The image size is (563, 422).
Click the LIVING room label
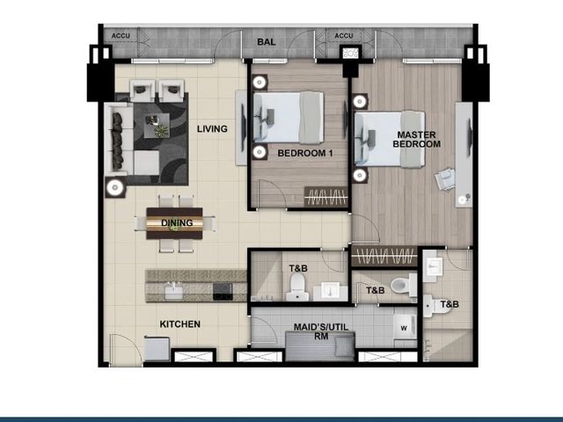pos(212,128)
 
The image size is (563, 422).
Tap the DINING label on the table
pos(177,222)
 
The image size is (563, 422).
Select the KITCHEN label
pos(179,324)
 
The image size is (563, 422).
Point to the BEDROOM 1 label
pos(305,153)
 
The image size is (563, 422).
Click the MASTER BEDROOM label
pos(416,139)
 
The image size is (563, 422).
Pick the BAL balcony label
pos(267,42)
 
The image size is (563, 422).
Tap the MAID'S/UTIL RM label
pos(321,331)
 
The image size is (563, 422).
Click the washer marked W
pos(405,327)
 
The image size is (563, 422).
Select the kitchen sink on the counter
pos(173,291)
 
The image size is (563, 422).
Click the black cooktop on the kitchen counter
pos(223,291)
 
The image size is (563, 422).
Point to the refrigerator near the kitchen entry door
pos(157,348)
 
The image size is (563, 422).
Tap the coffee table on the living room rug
pos(157,125)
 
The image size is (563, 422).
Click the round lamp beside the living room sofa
pos(115,187)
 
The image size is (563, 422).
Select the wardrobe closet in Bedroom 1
pos(326,197)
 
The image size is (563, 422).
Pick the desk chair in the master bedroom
pos(445,179)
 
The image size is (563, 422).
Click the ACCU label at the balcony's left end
pos(121,36)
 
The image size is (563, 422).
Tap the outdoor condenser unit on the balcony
pos(350,53)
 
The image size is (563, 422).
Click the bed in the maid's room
pos(320,346)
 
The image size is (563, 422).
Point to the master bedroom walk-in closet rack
pos(384,256)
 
